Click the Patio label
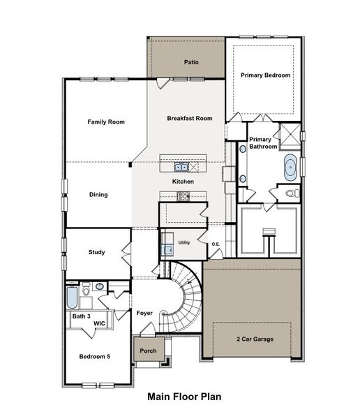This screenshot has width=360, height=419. coord(191,62)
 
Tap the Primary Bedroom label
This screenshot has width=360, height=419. coord(265,75)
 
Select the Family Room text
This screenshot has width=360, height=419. coord(106,122)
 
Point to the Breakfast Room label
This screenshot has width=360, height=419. coord(189,119)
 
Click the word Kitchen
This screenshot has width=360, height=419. coord(183,182)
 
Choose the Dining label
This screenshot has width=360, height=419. coord(98,195)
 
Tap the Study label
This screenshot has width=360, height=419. coord(97,252)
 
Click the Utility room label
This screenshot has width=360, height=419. coord(184,242)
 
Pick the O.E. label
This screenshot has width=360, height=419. coord(216,244)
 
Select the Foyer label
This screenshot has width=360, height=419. coord(144,313)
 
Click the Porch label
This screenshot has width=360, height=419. coord(148,351)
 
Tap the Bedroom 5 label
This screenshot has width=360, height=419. coord(94,356)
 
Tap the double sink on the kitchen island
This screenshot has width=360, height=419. coord(181,167)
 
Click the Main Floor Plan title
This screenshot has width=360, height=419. coord(184,397)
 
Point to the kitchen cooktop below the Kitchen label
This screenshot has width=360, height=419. coord(183,196)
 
